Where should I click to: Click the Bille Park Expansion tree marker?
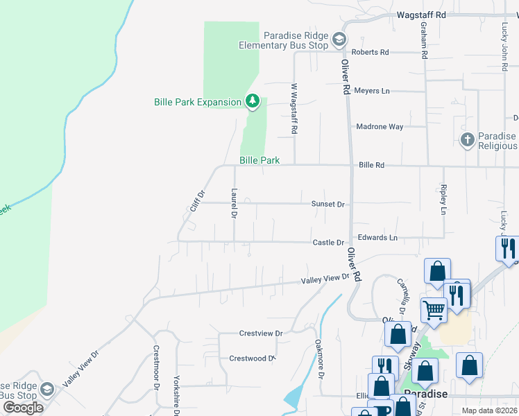(253, 102)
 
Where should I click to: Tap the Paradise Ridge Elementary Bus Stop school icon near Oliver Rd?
(339, 40)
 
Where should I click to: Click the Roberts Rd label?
(370, 52)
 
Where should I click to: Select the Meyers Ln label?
(372, 91)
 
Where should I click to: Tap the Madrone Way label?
(380, 127)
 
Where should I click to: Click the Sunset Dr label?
(327, 205)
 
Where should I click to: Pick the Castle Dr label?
(328, 243)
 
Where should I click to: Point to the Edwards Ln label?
(377, 238)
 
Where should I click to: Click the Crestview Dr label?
(261, 333)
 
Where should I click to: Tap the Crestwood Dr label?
(253, 358)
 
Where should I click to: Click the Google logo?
(23, 408)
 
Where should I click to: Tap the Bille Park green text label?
(259, 160)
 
